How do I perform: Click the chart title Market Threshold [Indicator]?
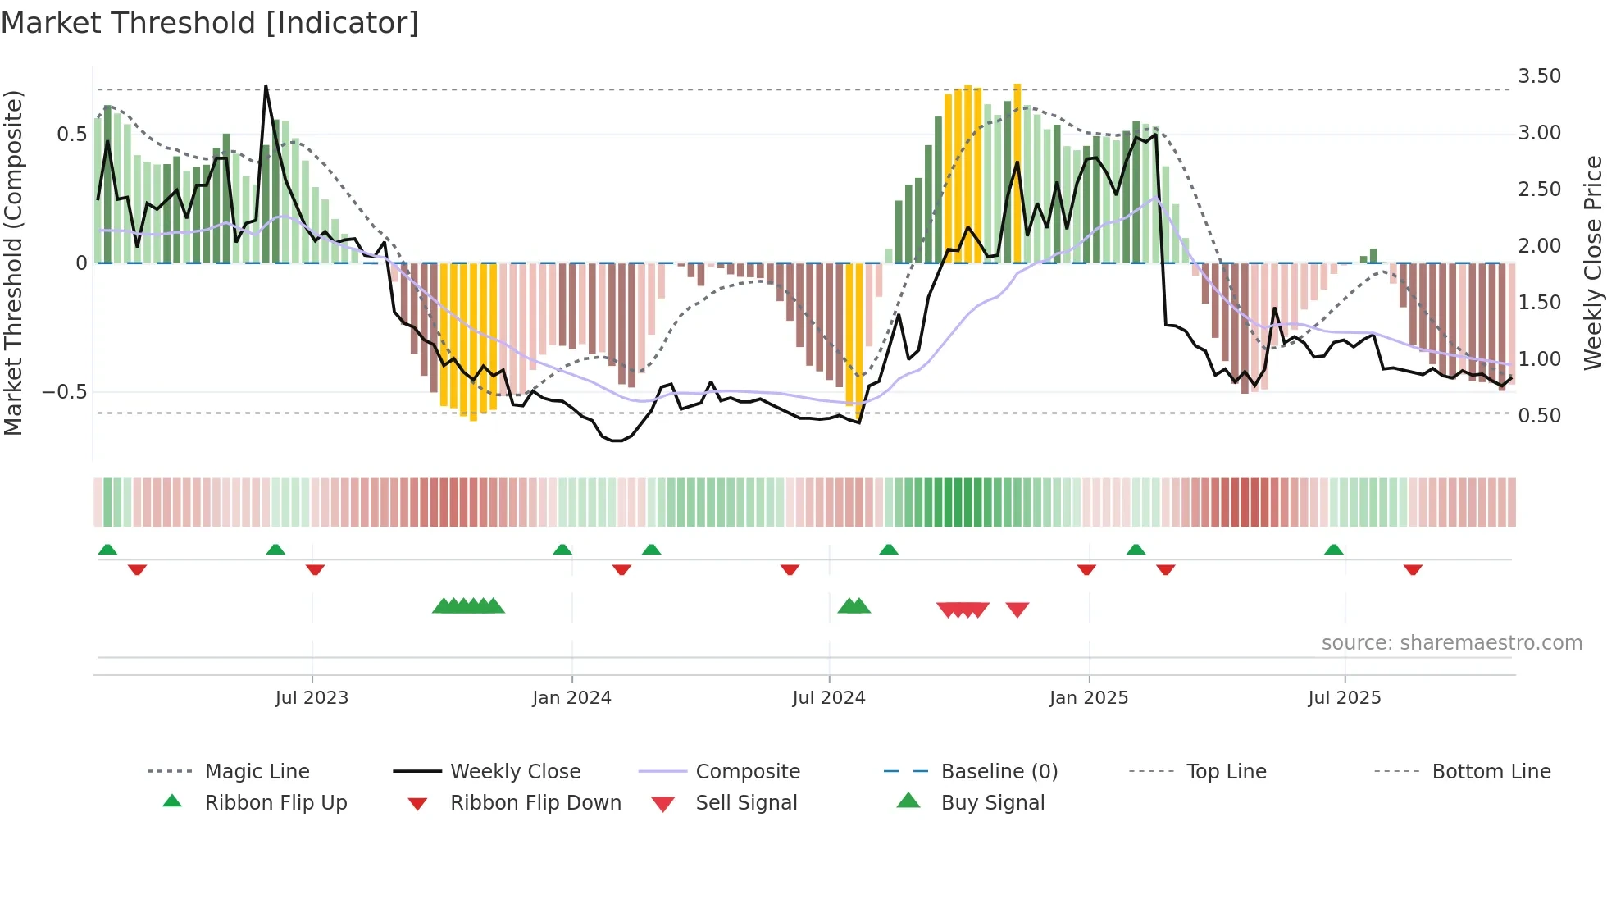coord(210,23)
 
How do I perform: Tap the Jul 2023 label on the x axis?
coord(312,698)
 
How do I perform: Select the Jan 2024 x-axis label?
coord(571,698)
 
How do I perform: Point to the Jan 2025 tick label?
coord(1089,698)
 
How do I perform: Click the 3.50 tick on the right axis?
coord(1539,76)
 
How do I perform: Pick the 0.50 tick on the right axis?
coord(1539,416)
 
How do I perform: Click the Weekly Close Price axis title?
coord(1592,263)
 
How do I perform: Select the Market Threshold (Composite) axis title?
coord(13,263)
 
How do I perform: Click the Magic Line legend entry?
coord(257,772)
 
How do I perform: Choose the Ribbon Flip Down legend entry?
coord(535,803)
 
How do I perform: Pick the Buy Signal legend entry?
coord(992,803)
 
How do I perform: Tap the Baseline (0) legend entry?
coord(999,772)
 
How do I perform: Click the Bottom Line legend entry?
coord(1491,772)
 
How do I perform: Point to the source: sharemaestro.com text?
coord(1451,643)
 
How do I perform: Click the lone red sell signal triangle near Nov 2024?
coord(1017,610)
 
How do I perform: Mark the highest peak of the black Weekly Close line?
coord(266,86)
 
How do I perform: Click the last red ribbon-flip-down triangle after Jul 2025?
coord(1413,570)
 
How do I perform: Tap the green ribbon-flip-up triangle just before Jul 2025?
coord(1334,550)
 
